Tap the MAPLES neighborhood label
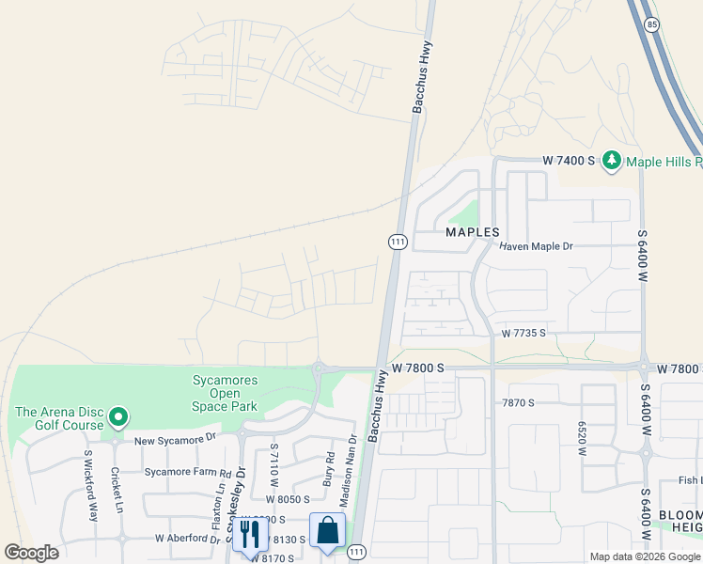[472, 231]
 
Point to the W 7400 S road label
[570, 161]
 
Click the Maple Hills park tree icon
[613, 161]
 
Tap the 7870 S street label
[517, 403]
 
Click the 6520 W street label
[583, 438]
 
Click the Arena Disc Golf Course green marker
[117, 415]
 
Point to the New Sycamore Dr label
[175, 439]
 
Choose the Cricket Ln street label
[117, 487]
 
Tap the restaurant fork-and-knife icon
[249, 534]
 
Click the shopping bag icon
[328, 530]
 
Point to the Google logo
[31, 553]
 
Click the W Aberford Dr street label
[188, 539]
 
